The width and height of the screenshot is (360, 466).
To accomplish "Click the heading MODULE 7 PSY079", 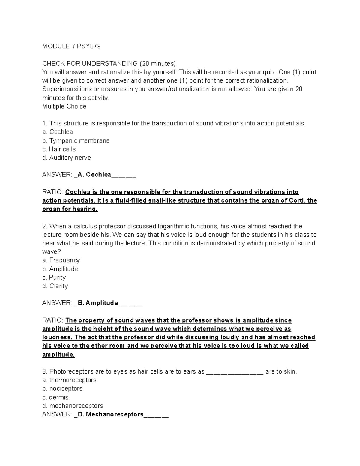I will (x=71, y=46).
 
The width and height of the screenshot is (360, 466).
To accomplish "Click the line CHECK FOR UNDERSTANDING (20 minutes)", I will (x=109, y=63).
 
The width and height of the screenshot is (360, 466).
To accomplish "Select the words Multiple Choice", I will (x=64, y=106).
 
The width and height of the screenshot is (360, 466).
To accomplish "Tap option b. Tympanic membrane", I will (x=76, y=140).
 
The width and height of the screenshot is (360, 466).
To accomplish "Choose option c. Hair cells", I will (x=59, y=149).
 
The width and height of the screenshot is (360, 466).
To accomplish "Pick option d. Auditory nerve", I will (x=67, y=158).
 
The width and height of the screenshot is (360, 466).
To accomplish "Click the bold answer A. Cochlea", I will (x=94, y=175).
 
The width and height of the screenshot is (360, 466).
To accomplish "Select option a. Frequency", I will (x=61, y=260).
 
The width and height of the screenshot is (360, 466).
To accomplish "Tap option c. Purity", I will (x=54, y=277).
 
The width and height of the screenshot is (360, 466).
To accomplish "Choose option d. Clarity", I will (x=55, y=286).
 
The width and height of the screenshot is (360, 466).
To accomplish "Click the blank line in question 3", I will (x=235, y=372).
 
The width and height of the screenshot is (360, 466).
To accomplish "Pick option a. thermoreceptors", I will (x=69, y=380).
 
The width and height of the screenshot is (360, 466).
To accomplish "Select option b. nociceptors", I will (x=62, y=389).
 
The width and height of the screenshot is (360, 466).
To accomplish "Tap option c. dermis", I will (x=55, y=397).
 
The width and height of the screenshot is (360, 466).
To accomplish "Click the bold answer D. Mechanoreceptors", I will (x=110, y=414).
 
